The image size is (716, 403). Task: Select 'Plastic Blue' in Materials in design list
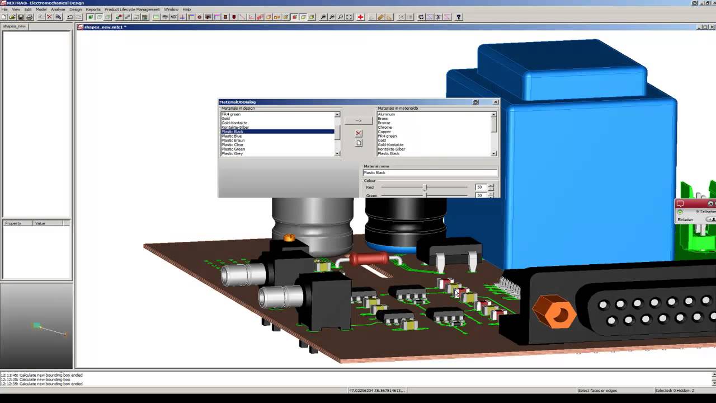pyautogui.click(x=232, y=136)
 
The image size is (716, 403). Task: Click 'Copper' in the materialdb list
pyautogui.click(x=384, y=132)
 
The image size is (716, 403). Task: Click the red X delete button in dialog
pyautogui.click(x=359, y=133)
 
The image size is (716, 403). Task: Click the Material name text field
pyautogui.click(x=430, y=172)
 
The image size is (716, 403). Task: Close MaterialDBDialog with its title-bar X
pyautogui.click(x=495, y=102)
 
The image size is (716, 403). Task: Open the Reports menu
pyautogui.click(x=93, y=10)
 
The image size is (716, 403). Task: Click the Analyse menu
pyautogui.click(x=58, y=10)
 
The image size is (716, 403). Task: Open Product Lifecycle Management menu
pyautogui.click(x=132, y=10)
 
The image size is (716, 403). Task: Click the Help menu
pyautogui.click(x=186, y=10)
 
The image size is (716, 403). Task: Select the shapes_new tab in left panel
pyautogui.click(x=14, y=26)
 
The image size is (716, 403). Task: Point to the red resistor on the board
pyautogui.click(x=370, y=259)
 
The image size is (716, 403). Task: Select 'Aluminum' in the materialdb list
pyautogui.click(x=386, y=114)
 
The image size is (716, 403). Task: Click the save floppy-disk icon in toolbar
pyautogui.click(x=21, y=17)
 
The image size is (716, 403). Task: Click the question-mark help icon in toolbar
pyautogui.click(x=459, y=17)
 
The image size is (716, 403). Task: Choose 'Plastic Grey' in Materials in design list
pyautogui.click(x=232, y=153)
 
